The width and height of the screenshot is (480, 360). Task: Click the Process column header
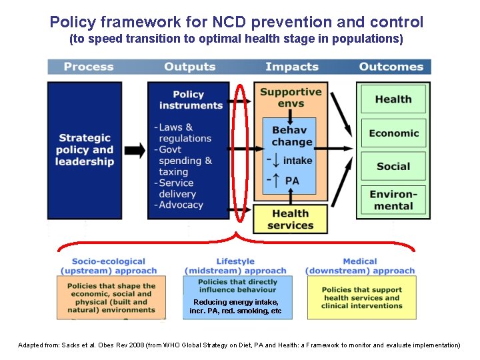tap(89, 67)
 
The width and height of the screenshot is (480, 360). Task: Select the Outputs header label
tap(190, 67)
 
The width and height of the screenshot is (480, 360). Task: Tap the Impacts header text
tap(292, 67)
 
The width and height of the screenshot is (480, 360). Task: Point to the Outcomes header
tap(391, 67)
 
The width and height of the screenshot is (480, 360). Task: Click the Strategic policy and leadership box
tap(85, 150)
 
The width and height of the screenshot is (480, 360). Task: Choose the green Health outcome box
tap(393, 99)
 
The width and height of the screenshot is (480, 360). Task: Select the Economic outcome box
tap(393, 133)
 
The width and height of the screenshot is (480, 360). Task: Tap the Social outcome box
tap(393, 167)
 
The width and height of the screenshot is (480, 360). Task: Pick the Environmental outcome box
tap(393, 201)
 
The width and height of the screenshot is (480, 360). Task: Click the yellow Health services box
tap(291, 219)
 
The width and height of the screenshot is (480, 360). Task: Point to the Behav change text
tap(291, 136)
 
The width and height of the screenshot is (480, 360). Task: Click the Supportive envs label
tap(291, 97)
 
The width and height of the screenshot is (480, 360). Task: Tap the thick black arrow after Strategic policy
tap(135, 150)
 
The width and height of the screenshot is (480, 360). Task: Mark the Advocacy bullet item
tap(181, 205)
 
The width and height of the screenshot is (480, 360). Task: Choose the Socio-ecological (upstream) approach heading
tap(109, 266)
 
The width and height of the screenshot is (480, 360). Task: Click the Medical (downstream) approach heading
tap(360, 266)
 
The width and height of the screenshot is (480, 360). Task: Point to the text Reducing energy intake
tap(235, 303)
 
